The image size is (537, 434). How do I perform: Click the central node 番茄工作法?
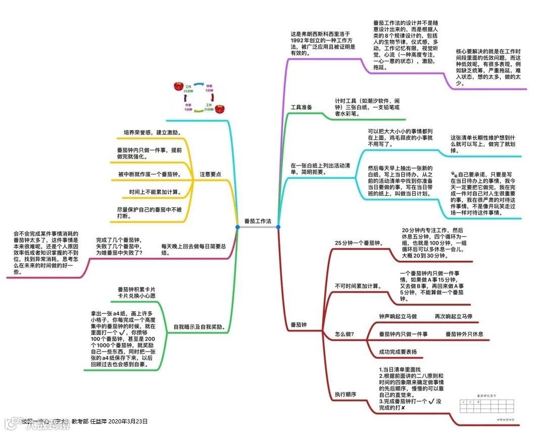257,221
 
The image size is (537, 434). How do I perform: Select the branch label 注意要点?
210,174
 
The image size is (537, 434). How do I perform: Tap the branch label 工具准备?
301,108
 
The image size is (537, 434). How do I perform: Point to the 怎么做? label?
345,334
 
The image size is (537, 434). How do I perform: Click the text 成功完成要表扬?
398,352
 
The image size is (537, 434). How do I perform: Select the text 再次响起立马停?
454,316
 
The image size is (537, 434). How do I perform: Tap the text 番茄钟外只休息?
464,334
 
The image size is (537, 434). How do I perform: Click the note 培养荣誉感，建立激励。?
152,132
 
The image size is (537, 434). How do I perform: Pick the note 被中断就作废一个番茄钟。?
150,174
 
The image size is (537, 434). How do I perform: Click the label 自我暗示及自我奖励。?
199,326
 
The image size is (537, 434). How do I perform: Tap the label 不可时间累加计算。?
358,286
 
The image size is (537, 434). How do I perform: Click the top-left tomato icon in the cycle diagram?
178,86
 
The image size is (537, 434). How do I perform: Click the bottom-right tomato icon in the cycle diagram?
219,109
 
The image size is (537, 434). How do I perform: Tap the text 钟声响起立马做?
398,316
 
